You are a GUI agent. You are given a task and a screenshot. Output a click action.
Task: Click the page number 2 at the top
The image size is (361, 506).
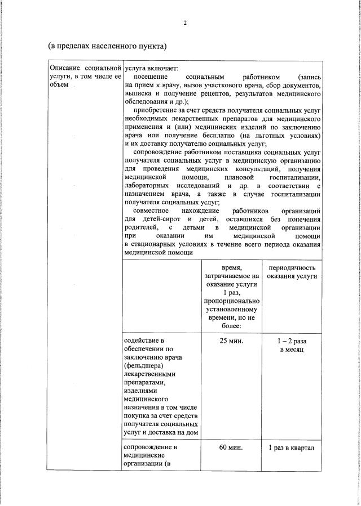click(184, 23)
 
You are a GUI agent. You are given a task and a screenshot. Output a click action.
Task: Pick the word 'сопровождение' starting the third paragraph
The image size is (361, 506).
click(159, 153)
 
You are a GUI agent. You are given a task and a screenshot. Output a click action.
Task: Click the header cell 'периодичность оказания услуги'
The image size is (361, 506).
click(292, 272)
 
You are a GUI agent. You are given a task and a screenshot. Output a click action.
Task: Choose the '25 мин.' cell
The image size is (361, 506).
click(231, 341)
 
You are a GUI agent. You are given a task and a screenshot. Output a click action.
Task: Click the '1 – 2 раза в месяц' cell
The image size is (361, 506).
click(292, 346)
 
